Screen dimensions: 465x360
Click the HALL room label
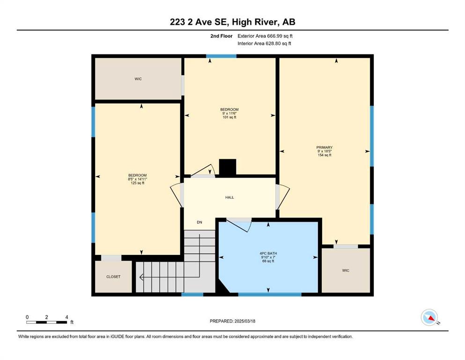tap(229, 197)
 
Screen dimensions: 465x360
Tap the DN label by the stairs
tap(199, 222)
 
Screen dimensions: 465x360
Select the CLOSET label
tap(113, 277)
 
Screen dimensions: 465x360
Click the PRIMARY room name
tap(325, 148)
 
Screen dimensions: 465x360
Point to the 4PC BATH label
tap(268, 254)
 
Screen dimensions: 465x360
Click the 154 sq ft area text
tap(325, 155)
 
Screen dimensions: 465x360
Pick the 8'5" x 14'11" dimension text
tap(138, 179)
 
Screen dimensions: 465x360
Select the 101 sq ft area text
tap(229, 117)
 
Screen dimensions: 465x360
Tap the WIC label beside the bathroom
tap(346, 270)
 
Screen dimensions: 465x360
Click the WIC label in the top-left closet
tap(138, 79)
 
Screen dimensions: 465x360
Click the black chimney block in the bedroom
tap(228, 167)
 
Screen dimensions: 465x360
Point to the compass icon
tap(429, 317)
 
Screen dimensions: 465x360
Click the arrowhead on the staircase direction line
tap(141, 277)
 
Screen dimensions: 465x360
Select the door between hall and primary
tap(282, 196)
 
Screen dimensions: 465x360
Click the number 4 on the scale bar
tap(66, 317)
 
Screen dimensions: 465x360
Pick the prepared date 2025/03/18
tap(245, 321)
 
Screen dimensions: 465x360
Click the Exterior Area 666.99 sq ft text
tap(265, 36)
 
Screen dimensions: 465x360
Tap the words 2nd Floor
tap(221, 36)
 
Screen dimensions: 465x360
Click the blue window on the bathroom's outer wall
tap(270, 294)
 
